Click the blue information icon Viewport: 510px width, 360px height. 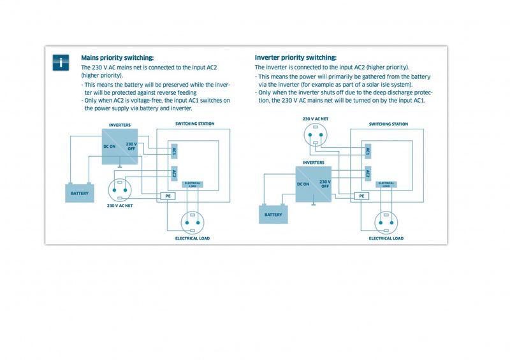[61, 62]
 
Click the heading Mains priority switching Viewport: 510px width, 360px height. [117, 58]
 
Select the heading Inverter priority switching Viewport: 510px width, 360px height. [296, 57]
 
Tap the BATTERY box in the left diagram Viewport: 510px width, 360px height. [80, 193]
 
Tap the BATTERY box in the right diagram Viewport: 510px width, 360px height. [273, 215]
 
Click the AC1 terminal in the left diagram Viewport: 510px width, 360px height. [174, 151]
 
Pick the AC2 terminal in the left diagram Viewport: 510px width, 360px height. [174, 173]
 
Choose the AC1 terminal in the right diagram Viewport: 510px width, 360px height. [368, 151]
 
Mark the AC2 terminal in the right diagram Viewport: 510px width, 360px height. [368, 174]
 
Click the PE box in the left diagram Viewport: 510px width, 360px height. [168, 196]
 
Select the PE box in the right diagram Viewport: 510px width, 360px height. [361, 196]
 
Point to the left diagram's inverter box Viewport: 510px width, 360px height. [120, 147]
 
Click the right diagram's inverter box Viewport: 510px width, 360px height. [314, 184]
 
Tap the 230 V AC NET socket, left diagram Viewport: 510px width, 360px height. [120, 191]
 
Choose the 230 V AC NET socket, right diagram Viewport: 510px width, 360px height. [316, 134]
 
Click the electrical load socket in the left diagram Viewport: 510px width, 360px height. [193, 223]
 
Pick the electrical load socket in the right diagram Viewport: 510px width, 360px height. [386, 223]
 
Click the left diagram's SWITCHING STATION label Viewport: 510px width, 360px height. [195, 124]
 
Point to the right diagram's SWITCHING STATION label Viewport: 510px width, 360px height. [388, 124]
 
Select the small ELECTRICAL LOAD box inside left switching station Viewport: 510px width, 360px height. [193, 184]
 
